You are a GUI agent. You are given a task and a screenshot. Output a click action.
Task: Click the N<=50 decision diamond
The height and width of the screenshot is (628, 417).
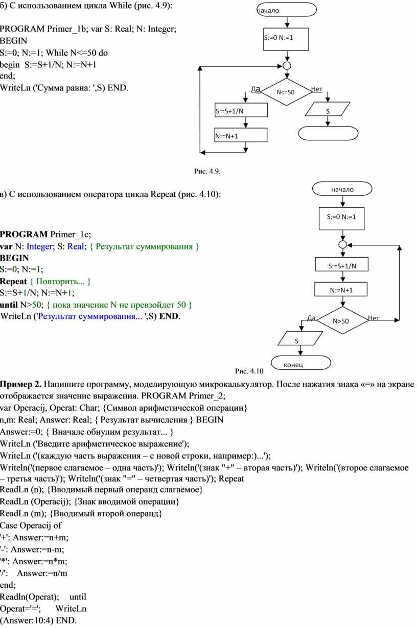tap(286, 92)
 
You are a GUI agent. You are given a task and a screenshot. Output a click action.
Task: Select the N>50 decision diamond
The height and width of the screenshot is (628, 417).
tap(342, 320)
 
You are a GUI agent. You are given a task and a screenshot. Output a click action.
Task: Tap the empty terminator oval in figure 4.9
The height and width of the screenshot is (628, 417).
tap(328, 133)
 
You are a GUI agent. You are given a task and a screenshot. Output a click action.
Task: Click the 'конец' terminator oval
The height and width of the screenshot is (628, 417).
tap(301, 363)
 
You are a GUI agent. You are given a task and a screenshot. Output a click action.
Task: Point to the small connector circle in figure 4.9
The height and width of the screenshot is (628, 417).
tap(287, 66)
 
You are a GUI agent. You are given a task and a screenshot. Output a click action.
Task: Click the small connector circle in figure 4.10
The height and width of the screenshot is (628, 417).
tap(342, 245)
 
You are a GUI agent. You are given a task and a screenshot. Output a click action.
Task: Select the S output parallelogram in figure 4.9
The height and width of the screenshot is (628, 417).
tap(328, 109)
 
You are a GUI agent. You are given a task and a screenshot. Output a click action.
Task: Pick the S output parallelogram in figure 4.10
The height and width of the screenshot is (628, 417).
tap(300, 338)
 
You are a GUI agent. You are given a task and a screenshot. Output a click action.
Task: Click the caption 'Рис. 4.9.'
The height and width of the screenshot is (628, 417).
tap(207, 171)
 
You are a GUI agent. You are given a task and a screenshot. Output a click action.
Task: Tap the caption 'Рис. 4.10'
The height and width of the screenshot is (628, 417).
tap(249, 371)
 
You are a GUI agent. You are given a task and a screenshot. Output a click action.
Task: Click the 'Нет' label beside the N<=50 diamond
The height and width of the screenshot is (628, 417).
tap(317, 89)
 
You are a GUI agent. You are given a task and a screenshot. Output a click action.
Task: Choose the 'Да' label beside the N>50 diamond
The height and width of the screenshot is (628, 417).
tap(311, 318)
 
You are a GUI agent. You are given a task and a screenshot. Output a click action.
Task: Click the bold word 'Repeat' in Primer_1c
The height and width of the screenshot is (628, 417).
tap(13, 281)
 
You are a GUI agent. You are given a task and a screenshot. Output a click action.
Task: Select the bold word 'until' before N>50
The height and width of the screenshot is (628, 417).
tap(9, 305)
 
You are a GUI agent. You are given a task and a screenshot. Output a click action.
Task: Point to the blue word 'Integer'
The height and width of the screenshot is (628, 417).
tap(39, 246)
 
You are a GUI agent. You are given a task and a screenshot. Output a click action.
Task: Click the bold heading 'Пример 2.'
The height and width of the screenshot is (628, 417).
tap(21, 384)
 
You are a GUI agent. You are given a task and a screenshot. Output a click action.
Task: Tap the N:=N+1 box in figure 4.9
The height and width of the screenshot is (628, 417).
tap(241, 135)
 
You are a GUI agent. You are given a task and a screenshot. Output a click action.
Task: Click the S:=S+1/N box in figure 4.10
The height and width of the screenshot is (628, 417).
tap(342, 264)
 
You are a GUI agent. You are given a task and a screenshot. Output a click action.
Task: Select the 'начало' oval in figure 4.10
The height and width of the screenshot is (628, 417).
tap(342, 189)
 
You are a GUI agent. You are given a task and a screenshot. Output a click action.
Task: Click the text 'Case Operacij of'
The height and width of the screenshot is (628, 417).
tap(31, 525)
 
